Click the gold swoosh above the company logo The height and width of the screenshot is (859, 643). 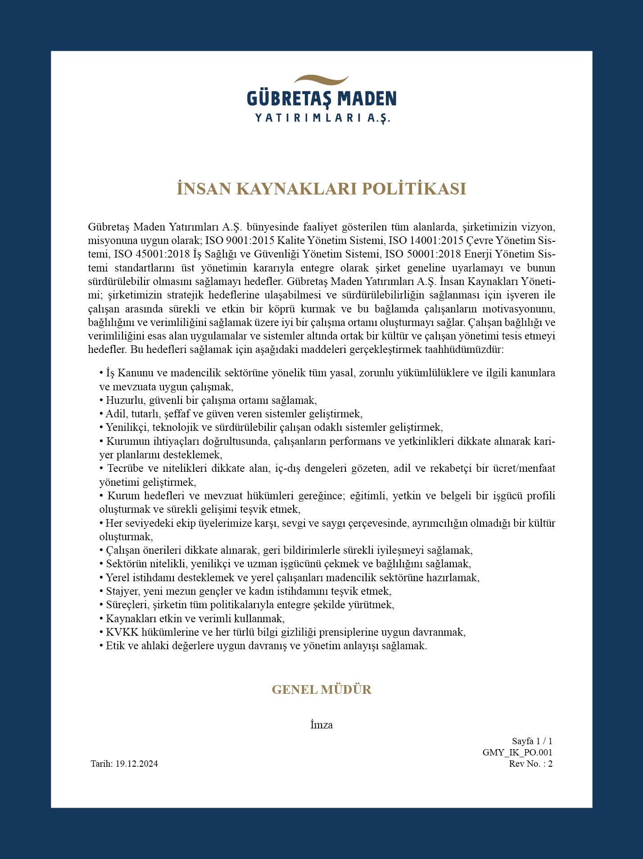point(321,81)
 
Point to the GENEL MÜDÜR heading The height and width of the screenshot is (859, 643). point(321,690)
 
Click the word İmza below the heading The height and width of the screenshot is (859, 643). point(321,725)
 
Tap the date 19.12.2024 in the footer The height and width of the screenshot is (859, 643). point(136,764)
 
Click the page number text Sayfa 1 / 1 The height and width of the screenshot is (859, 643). point(532,741)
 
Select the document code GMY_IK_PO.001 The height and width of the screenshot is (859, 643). point(517,752)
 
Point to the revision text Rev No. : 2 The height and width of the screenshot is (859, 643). point(530,764)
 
